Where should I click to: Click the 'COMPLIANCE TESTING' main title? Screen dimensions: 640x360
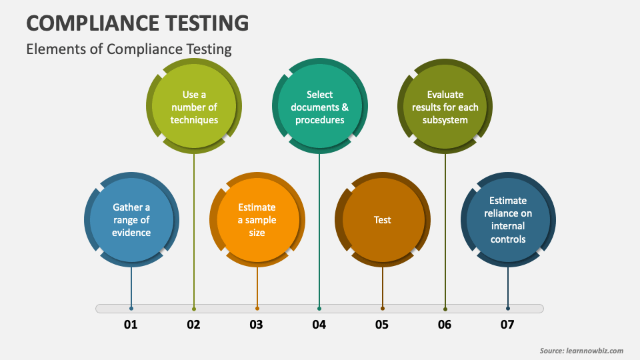137,23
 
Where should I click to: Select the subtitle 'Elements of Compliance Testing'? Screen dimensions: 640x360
129,49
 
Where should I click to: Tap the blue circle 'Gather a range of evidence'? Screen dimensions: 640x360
131,220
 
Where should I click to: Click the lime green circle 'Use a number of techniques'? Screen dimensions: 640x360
194,107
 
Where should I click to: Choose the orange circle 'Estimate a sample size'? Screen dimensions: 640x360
257,220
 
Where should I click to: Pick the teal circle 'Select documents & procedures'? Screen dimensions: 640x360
320,107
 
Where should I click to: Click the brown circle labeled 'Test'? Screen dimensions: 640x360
383,220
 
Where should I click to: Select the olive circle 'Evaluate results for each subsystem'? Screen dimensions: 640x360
445,107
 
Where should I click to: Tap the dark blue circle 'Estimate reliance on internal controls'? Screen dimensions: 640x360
508,220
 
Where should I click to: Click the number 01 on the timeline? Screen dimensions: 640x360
131,325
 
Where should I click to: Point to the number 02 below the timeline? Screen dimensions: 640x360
193,325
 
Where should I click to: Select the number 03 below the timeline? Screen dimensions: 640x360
256,325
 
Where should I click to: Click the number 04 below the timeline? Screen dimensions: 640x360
319,325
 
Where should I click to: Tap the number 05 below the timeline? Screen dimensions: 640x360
381,325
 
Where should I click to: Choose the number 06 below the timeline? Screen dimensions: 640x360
445,325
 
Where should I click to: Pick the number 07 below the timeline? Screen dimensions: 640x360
507,325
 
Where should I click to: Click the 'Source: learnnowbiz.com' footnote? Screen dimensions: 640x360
581,351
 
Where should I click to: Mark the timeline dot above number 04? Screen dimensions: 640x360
319,309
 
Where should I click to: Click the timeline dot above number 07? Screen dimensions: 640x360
508,309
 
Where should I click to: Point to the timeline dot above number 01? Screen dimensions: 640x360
131,309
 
